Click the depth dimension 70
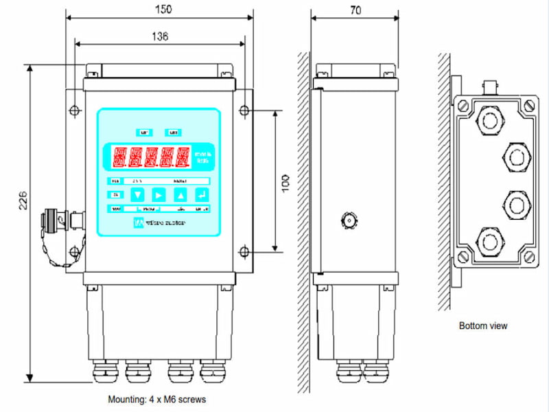click(355, 10)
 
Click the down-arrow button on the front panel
click(138, 195)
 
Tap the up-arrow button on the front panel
click(180, 195)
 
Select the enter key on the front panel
click(200, 195)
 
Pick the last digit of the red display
click(182, 159)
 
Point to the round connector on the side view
click(347, 221)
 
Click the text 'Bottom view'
click(483, 325)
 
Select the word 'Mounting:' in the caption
click(126, 399)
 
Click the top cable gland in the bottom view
click(489, 120)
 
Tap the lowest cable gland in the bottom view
click(489, 242)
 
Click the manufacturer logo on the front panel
click(137, 223)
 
